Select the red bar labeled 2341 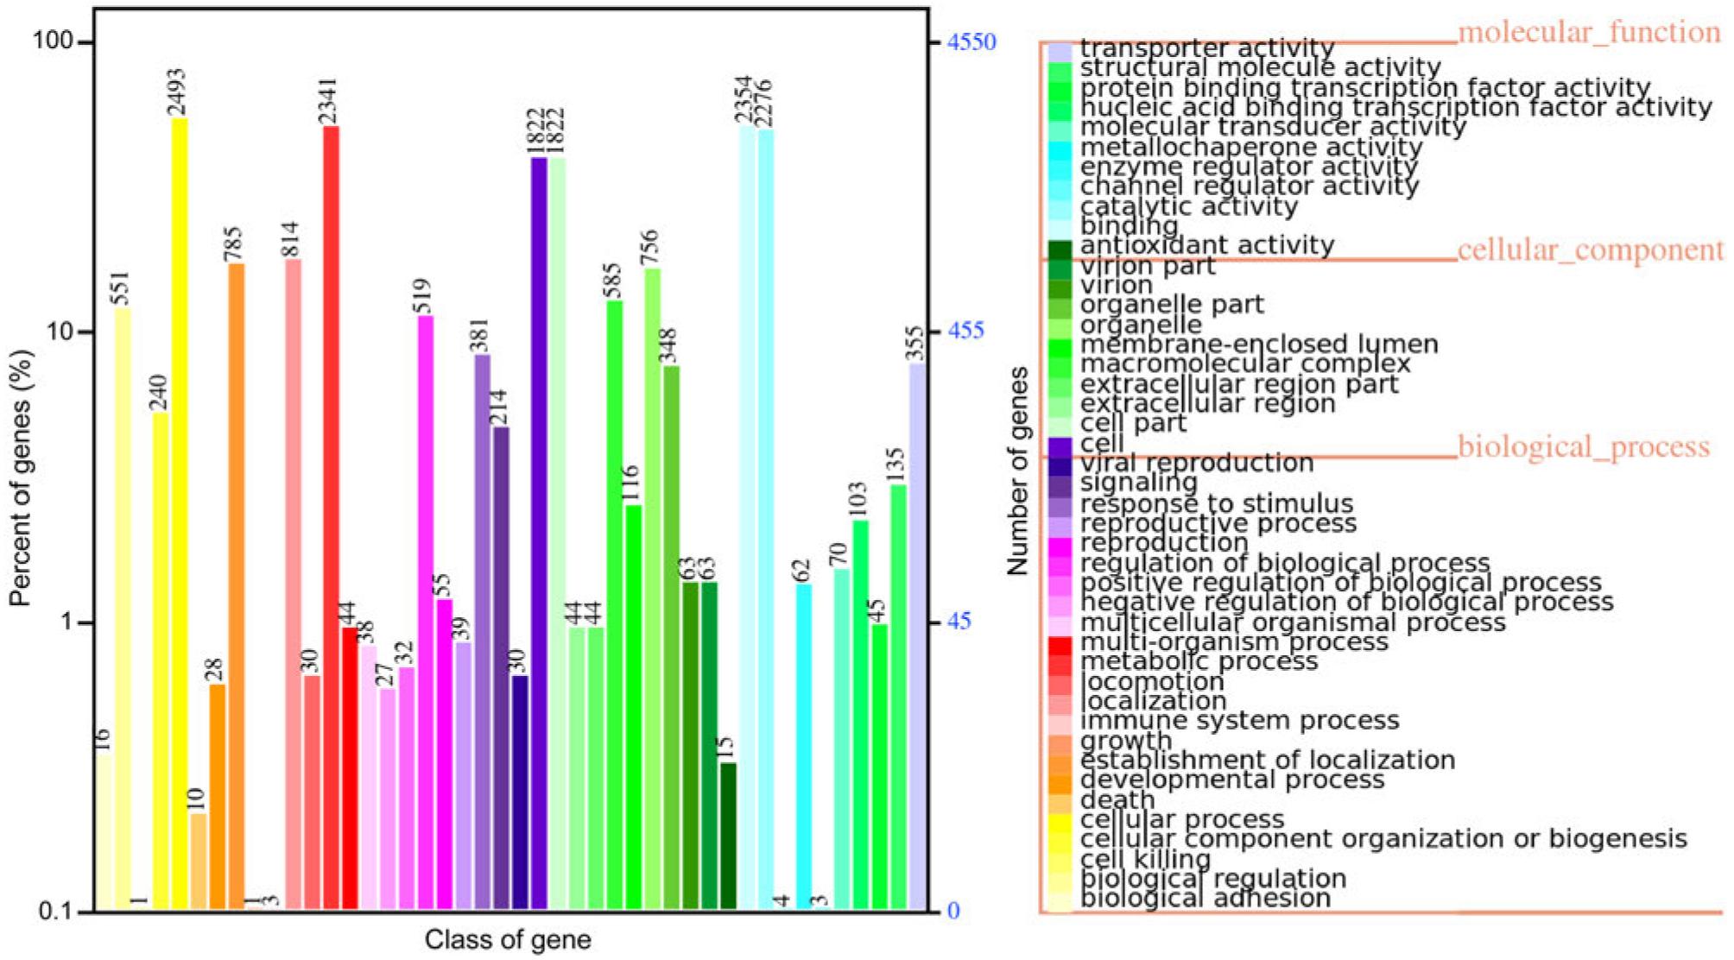pyautogui.click(x=331, y=518)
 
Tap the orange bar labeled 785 pyautogui.click(x=236, y=587)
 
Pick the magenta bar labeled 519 pyautogui.click(x=425, y=613)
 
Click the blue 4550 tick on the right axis pyautogui.click(x=971, y=42)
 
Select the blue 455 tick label pyautogui.click(x=965, y=332)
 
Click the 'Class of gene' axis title pyautogui.click(x=508, y=940)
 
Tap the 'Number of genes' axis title pyautogui.click(x=1019, y=471)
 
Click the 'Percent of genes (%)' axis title pyautogui.click(x=22, y=477)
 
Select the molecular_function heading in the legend pyautogui.click(x=1589, y=33)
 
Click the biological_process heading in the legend pyautogui.click(x=1584, y=447)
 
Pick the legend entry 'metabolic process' pyautogui.click(x=1199, y=662)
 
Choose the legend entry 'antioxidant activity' pyautogui.click(x=1206, y=246)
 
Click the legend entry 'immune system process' pyautogui.click(x=1239, y=721)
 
